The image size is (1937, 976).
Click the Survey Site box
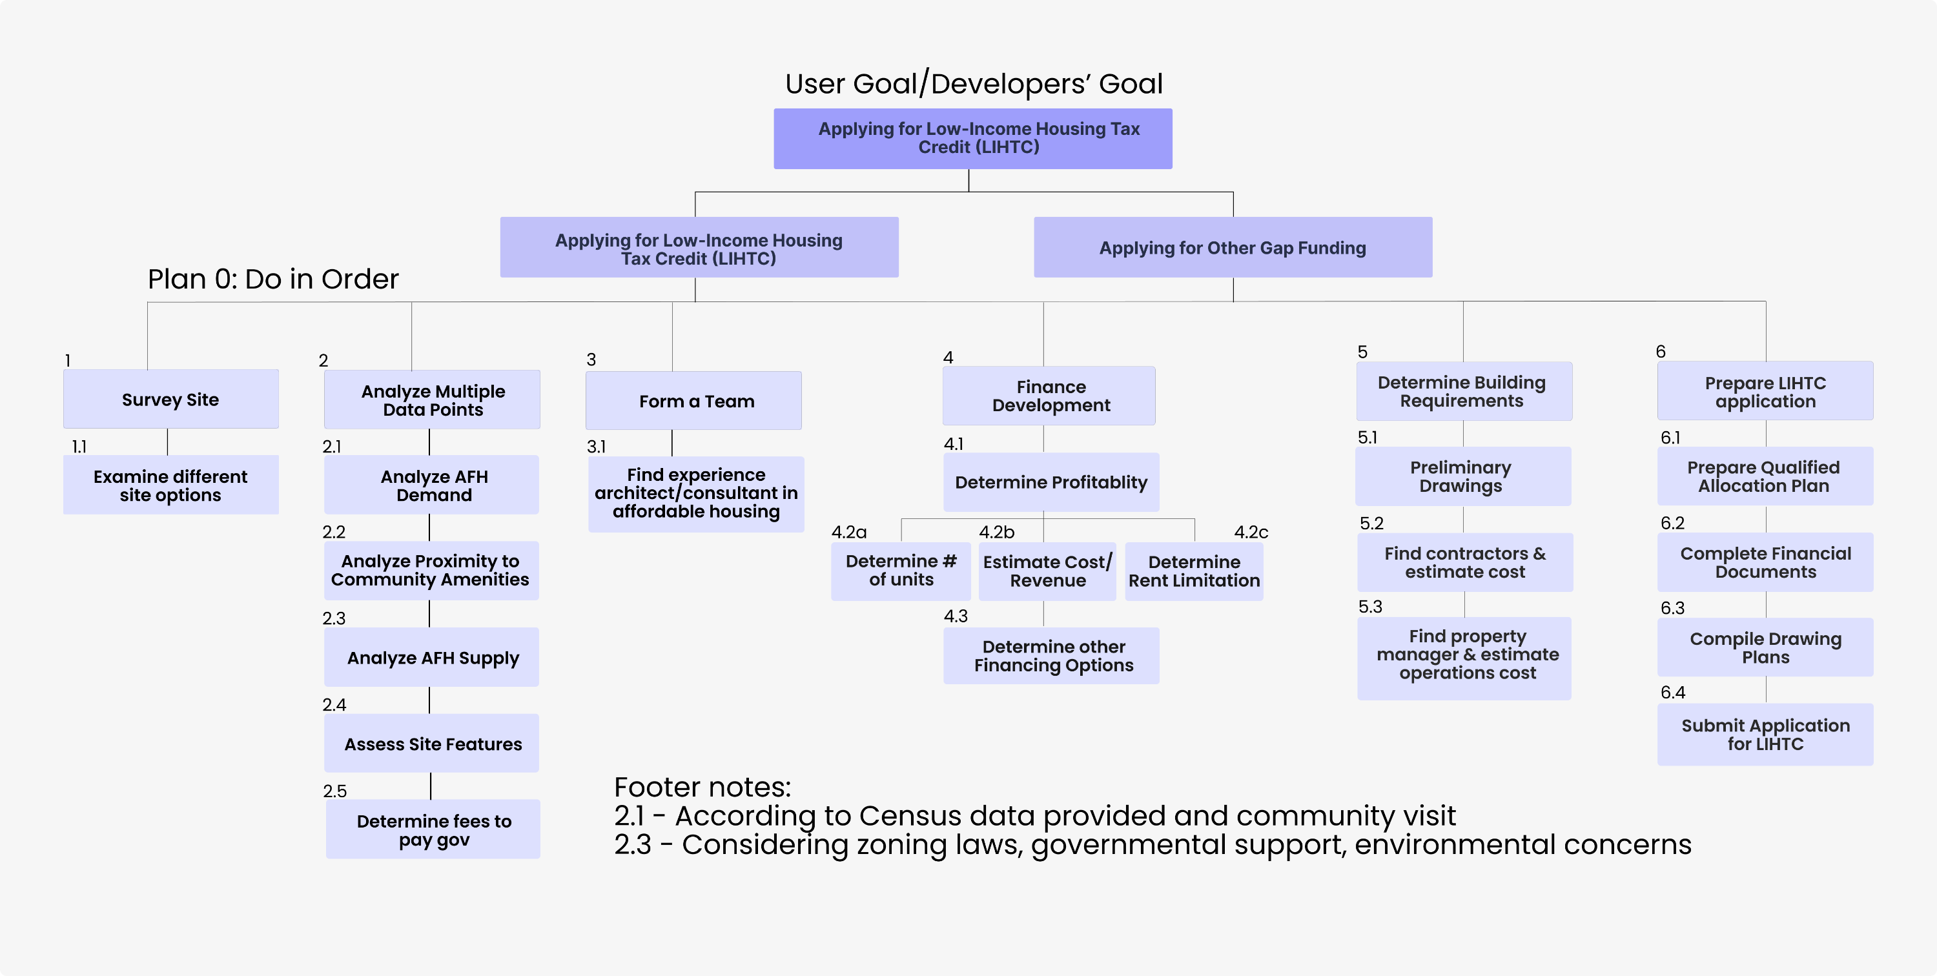pyautogui.click(x=170, y=400)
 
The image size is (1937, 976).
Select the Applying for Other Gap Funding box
pyautogui.click(x=1233, y=247)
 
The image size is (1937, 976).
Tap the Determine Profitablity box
pyautogui.click(x=1050, y=482)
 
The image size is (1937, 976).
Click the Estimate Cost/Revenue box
pyautogui.click(x=1047, y=571)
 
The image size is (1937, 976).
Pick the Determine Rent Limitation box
pyautogui.click(x=1193, y=571)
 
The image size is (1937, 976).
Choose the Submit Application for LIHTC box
pyautogui.click(x=1765, y=735)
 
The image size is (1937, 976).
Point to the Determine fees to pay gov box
pyautogui.click(x=433, y=829)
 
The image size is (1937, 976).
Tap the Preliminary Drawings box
pyautogui.click(x=1462, y=477)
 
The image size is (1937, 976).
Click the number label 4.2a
pyautogui.click(x=848, y=533)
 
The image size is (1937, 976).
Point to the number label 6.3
pyautogui.click(x=1672, y=607)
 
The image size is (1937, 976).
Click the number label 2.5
pyautogui.click(x=334, y=791)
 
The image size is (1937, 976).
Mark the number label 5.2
pyautogui.click(x=1371, y=524)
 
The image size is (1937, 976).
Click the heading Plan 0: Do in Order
pyautogui.click(x=273, y=279)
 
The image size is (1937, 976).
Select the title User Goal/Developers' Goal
pyautogui.click(x=973, y=83)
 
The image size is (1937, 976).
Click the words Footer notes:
pyautogui.click(x=702, y=788)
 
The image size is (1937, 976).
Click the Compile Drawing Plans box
pyautogui.click(x=1765, y=647)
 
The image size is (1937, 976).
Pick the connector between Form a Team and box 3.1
pyautogui.click(x=672, y=442)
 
